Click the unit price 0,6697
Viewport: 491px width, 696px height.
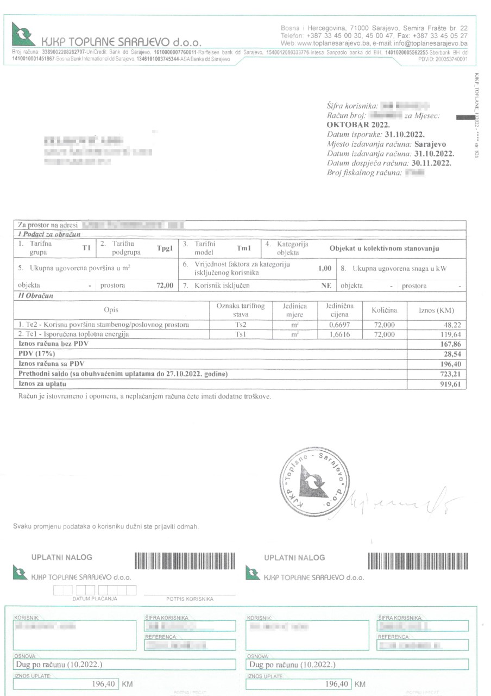coord(339,325)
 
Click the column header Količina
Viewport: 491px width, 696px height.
coord(384,310)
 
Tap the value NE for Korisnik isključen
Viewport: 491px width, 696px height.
coord(326,285)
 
